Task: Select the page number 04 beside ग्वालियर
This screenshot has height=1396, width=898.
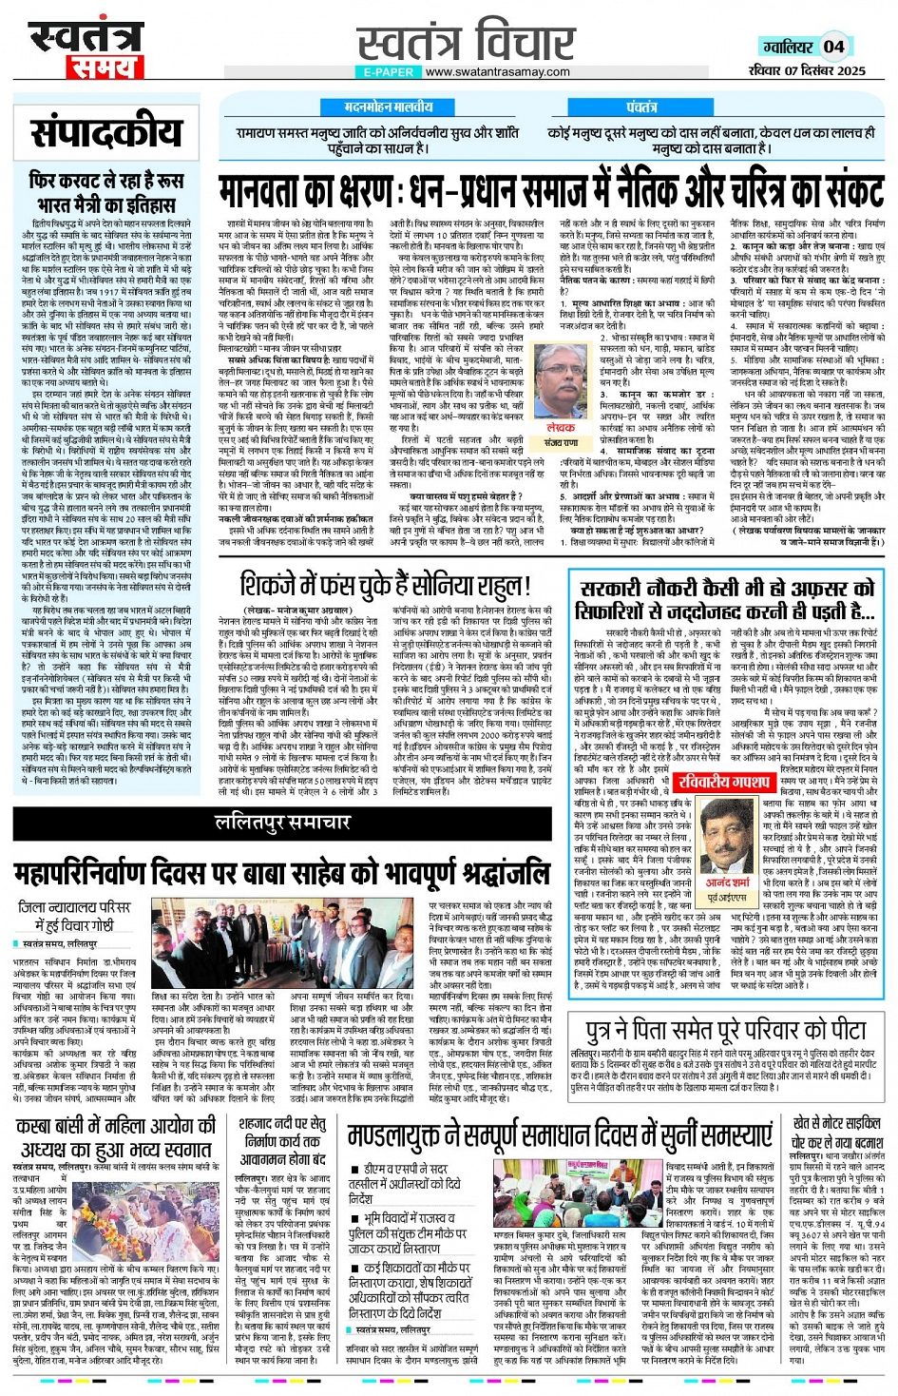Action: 833,47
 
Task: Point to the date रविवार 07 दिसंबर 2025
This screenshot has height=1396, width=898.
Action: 807,70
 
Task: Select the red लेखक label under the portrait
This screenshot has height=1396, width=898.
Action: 561,428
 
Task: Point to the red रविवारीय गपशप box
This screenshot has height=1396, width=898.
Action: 724,782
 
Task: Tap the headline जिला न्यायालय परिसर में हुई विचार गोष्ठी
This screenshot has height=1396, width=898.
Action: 74,916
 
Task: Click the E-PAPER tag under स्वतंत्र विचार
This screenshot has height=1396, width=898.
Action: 389,71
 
